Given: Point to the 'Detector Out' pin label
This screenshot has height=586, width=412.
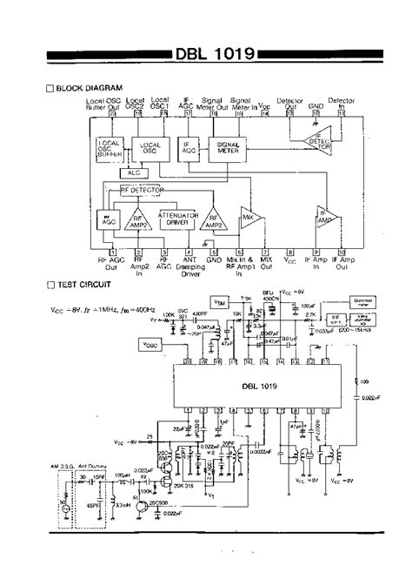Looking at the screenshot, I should (289, 103).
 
